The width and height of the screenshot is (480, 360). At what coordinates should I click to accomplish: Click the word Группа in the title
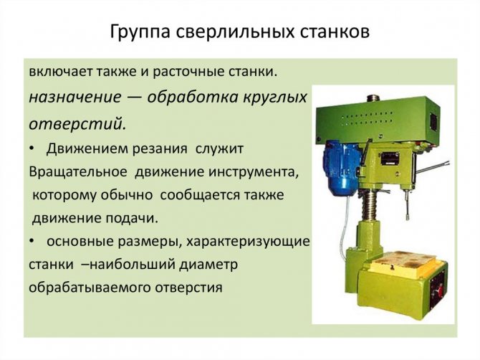click(x=140, y=32)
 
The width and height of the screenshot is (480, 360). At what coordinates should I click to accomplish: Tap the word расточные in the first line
click(x=189, y=72)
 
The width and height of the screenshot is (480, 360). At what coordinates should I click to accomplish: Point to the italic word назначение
click(x=75, y=98)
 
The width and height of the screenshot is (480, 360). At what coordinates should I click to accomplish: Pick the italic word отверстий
click(x=77, y=124)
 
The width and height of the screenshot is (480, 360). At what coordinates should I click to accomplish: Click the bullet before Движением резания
click(x=32, y=149)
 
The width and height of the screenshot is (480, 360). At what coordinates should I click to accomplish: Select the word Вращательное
click(x=78, y=172)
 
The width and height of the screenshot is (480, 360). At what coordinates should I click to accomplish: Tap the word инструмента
click(x=253, y=172)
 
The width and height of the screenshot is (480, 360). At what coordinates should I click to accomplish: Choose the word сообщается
click(x=198, y=195)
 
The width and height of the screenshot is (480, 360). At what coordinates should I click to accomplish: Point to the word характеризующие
click(x=249, y=242)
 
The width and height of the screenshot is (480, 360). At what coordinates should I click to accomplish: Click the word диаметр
click(x=208, y=265)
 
